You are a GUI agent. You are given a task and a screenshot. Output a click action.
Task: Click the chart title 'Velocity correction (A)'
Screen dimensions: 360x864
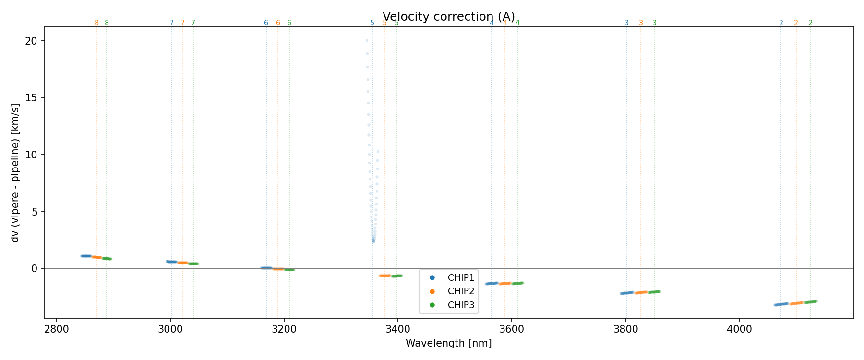[x=448, y=17]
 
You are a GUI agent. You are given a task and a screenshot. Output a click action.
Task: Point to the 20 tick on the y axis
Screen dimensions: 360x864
[x=32, y=41]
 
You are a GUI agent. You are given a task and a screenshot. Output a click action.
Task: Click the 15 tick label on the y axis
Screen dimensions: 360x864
[x=32, y=98]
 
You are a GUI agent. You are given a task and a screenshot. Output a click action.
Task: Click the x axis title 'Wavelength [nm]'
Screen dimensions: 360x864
[x=448, y=343]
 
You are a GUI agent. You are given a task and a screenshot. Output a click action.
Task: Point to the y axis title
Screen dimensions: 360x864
[x=15, y=173]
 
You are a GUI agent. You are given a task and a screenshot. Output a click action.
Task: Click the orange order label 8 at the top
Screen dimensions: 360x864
[x=96, y=23]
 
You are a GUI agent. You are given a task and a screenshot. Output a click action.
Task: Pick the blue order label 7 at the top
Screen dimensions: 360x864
[x=171, y=23]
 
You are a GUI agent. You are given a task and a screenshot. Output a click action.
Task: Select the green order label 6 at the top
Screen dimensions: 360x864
[x=289, y=23]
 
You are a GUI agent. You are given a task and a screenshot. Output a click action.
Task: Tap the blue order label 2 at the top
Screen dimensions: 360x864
[x=781, y=23]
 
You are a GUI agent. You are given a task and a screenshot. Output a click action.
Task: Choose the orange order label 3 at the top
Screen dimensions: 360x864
[x=641, y=23]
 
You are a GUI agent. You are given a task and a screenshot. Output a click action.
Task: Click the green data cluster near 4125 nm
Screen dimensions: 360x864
[x=811, y=302]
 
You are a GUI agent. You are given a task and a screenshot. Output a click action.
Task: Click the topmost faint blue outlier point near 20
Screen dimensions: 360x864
[x=367, y=40]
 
